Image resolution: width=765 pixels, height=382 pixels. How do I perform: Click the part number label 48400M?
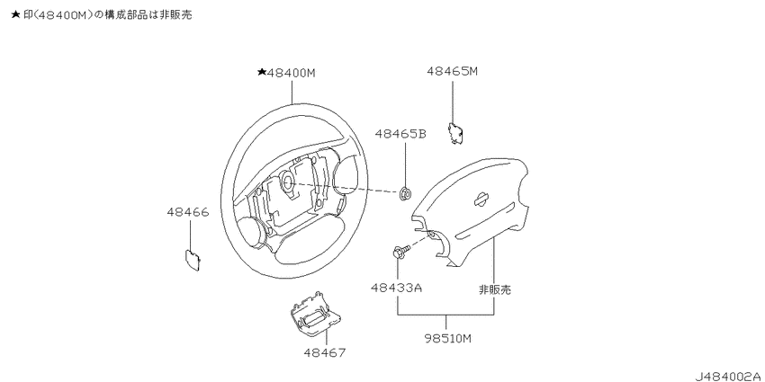point(292,74)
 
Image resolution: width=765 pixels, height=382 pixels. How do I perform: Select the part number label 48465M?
point(453,72)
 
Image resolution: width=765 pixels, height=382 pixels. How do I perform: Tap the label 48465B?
point(400,134)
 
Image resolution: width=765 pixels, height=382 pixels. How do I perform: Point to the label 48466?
point(188,212)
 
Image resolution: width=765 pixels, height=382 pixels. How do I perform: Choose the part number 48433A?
point(396,288)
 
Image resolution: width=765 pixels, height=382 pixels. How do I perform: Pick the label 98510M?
point(446,339)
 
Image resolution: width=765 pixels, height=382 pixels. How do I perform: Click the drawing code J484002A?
point(728,376)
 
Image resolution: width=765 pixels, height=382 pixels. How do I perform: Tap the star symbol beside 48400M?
point(262,73)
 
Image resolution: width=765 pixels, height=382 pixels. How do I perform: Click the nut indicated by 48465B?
point(404,193)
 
